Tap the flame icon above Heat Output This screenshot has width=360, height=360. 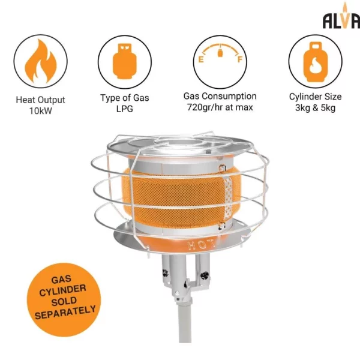pyautogui.click(x=40, y=61)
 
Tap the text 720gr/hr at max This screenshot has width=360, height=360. pyautogui.click(x=220, y=107)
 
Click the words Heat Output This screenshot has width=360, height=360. pyautogui.click(x=40, y=100)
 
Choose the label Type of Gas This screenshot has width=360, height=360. pyautogui.click(x=124, y=97)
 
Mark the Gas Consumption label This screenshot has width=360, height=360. pyautogui.click(x=220, y=96)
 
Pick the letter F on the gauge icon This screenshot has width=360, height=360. pyautogui.click(x=240, y=59)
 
